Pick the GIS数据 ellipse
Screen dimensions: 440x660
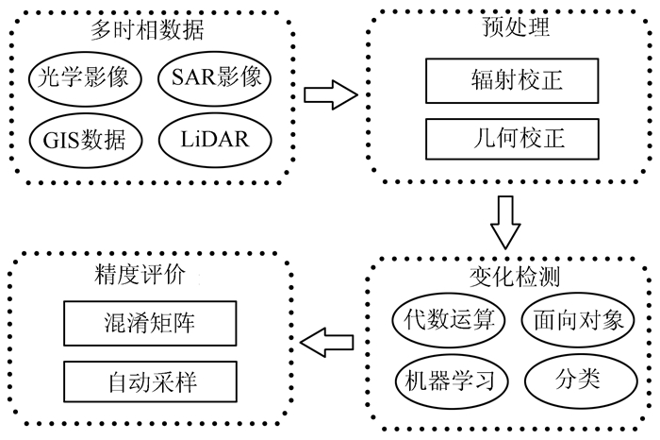(84, 139)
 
